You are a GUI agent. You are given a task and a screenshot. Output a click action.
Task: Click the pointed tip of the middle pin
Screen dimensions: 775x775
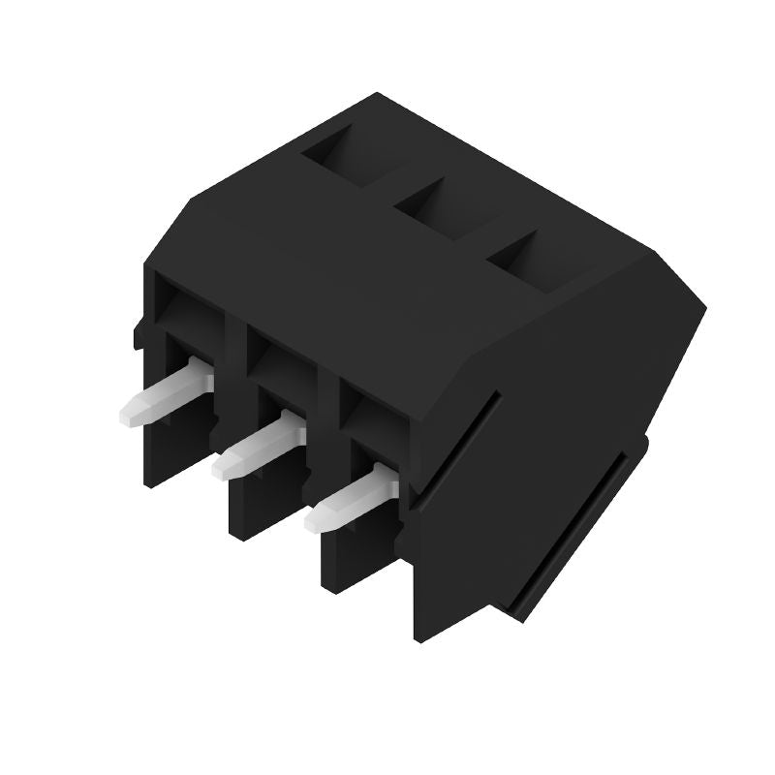pyautogui.click(x=219, y=470)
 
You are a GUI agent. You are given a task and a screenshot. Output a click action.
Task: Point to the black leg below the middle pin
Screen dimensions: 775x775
pyautogui.click(x=262, y=504)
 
